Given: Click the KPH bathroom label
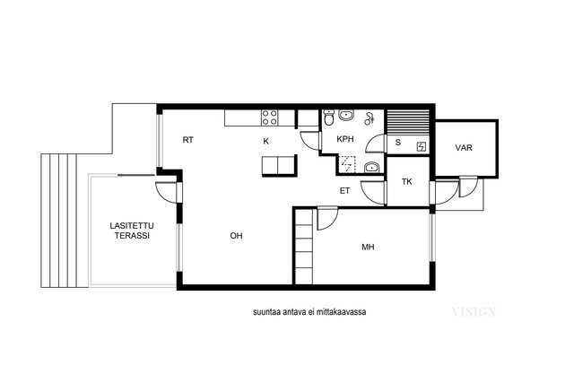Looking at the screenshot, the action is [345, 139].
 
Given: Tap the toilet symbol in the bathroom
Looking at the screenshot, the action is [329, 117].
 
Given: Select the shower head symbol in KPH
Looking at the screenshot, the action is [369, 118].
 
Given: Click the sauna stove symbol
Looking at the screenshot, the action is [422, 147].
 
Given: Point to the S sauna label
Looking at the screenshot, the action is [397, 143].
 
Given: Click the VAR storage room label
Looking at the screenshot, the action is [464, 148].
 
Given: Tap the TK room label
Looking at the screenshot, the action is [406, 181].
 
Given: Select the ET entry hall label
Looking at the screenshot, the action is [344, 191].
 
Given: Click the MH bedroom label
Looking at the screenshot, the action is [368, 248].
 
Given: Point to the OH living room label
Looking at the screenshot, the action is [236, 236].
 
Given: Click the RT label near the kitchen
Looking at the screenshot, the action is [187, 140].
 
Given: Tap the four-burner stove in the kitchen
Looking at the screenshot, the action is [269, 118].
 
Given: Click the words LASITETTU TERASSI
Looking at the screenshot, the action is [132, 231].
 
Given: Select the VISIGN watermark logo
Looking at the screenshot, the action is [474, 312].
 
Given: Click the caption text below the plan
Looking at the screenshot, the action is [309, 312].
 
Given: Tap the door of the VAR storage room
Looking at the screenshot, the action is [468, 187].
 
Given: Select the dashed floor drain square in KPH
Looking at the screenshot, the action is [346, 164].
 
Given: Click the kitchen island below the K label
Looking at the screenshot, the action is [278, 165].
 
